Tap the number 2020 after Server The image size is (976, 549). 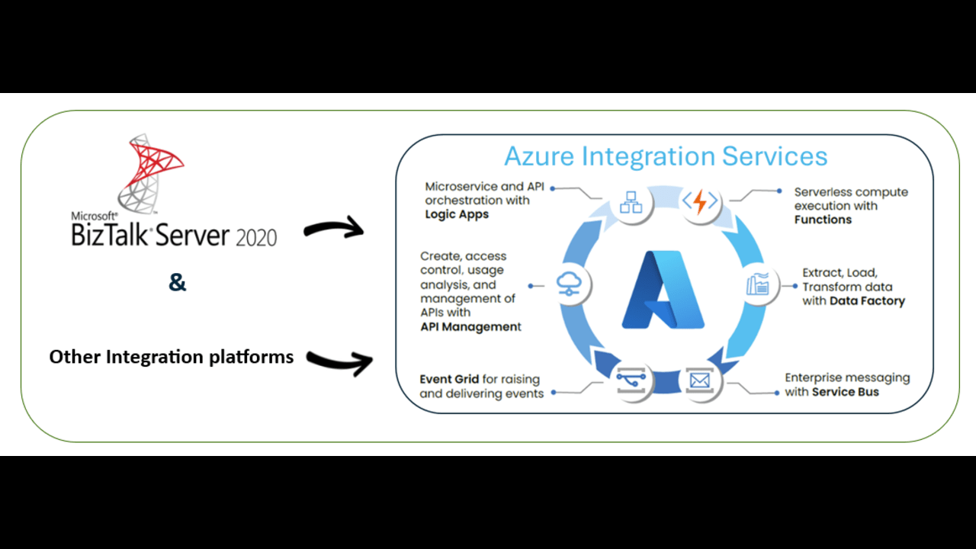coord(256,236)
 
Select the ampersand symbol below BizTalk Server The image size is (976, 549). coord(177,283)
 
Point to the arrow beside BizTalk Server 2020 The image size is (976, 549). coord(334,226)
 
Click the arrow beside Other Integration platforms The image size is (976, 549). coord(340,361)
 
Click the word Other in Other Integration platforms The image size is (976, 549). coord(75,356)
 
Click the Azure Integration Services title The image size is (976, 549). coord(666,156)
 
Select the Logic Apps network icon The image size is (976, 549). coord(631,203)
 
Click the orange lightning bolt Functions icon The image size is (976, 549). coord(699,202)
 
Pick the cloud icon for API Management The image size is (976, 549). coord(569,284)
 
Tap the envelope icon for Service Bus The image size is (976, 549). coord(698,378)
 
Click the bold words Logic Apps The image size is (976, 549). coord(457,214)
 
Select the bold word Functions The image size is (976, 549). coord(823,220)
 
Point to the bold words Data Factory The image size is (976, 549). coord(867,301)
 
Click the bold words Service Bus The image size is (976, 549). coord(845,392)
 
